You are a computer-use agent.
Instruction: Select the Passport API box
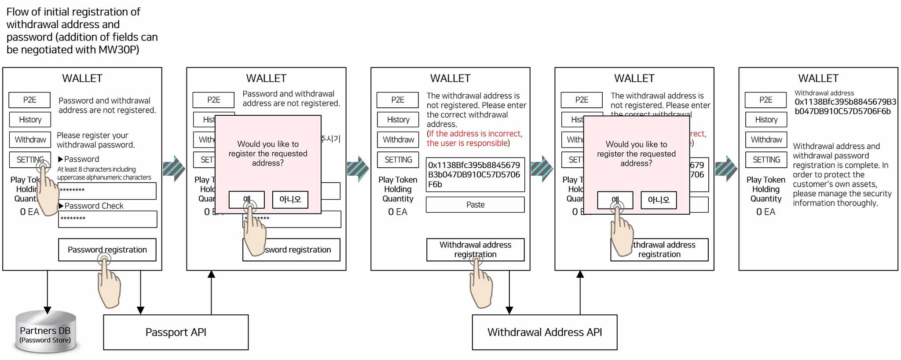[x=176, y=332]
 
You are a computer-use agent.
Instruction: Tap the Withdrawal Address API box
[x=544, y=332]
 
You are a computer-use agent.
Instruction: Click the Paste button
[x=475, y=205]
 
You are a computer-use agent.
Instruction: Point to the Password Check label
[x=94, y=206]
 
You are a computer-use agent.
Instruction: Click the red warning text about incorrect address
[x=474, y=138]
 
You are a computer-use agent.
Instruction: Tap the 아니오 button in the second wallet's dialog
[x=290, y=199]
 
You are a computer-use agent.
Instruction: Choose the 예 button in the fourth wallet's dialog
[x=615, y=200]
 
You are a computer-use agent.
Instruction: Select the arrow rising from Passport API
[x=211, y=292]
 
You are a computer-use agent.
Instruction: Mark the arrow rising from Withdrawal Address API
[x=580, y=292]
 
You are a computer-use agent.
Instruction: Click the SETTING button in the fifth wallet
[x=766, y=160]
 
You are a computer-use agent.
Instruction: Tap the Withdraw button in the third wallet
[x=398, y=140]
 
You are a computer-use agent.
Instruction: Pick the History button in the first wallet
[x=30, y=119]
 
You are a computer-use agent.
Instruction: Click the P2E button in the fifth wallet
[x=765, y=100]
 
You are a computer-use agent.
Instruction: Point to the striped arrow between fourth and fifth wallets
[x=725, y=169]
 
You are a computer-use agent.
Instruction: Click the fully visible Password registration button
[x=107, y=250]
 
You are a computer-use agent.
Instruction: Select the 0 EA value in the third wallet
[x=397, y=212]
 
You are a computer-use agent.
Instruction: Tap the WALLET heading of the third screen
[x=450, y=78]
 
